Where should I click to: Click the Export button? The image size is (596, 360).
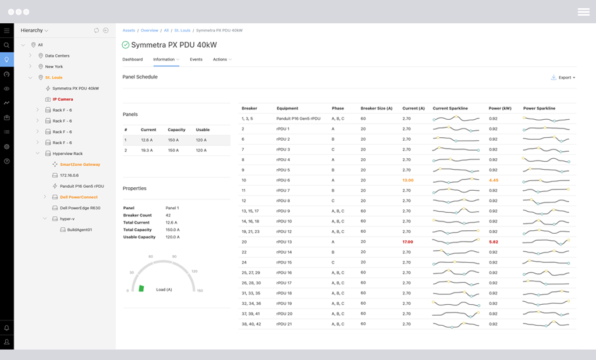coord(563,77)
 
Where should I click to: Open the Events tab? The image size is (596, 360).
coord(196,59)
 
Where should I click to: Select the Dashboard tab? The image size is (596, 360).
coord(133,59)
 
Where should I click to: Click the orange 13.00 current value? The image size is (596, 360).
coord(408,180)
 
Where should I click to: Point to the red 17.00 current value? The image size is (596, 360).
coord(408,242)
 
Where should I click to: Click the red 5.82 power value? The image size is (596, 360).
coord(494,242)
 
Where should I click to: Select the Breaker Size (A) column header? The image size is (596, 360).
coord(377,108)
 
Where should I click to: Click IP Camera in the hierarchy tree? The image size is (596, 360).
coord(63,99)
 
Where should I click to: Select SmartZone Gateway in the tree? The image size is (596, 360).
coord(80,165)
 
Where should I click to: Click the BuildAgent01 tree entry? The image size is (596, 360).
coord(80,230)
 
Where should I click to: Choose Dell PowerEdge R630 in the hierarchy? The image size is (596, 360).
coord(80,208)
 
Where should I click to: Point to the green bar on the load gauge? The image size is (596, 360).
coord(141,288)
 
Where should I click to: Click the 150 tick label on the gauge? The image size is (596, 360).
coord(200,291)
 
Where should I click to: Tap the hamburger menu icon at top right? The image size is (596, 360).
coord(583,12)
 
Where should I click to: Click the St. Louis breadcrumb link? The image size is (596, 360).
coord(182,30)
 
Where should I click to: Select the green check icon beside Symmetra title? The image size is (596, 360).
coord(126,45)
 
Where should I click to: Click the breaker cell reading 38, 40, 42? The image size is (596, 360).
coord(251,324)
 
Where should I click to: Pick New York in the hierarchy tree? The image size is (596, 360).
coord(54,67)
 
